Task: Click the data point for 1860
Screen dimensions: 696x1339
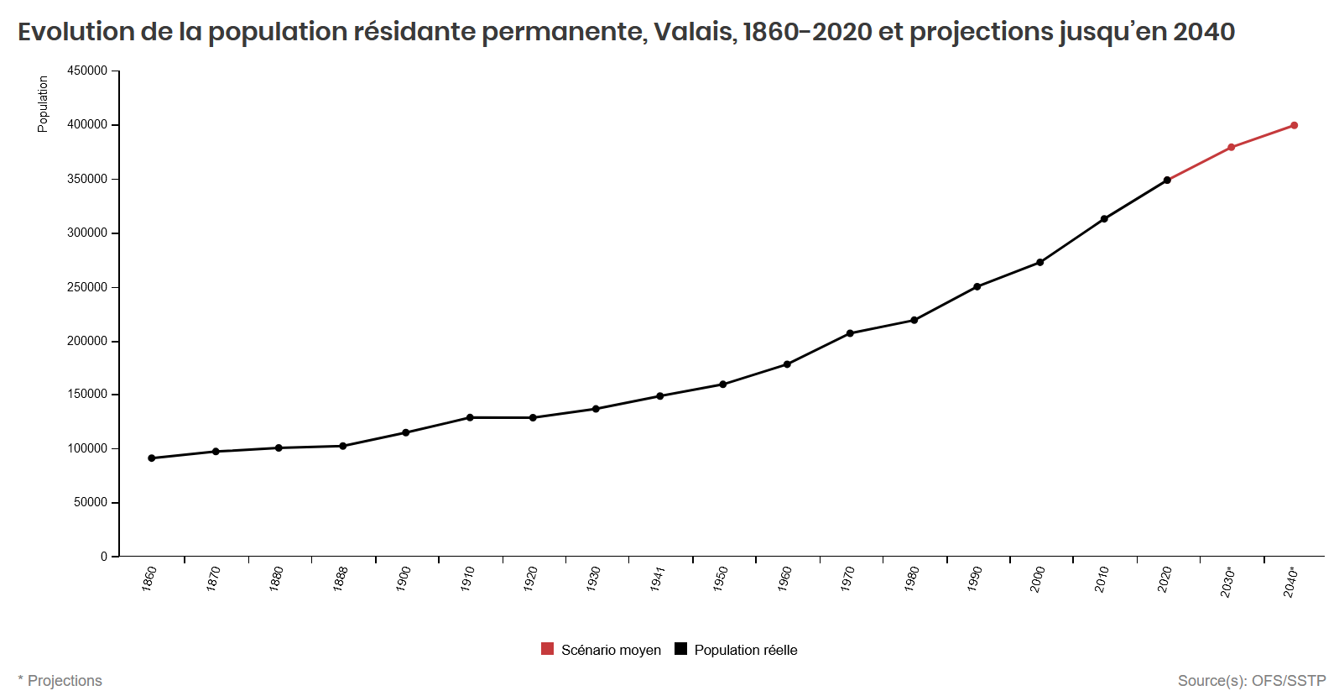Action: (152, 458)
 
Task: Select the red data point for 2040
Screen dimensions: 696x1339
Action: (1295, 126)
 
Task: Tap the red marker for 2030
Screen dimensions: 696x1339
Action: (1231, 148)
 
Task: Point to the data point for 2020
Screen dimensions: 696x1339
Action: (1167, 181)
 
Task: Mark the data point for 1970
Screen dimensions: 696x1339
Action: (850, 333)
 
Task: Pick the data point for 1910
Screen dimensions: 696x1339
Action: (470, 417)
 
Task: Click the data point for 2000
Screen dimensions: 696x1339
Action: (1040, 263)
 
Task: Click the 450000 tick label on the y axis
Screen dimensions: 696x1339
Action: (87, 71)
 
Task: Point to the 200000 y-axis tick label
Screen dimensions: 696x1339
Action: (87, 342)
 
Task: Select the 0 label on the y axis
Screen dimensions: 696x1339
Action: (104, 557)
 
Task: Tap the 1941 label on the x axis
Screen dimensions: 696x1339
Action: (658, 578)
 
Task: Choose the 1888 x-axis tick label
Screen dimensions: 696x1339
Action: (341, 578)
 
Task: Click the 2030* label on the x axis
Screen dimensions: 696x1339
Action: (1228, 582)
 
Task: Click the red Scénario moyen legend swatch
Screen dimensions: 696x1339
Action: (548, 649)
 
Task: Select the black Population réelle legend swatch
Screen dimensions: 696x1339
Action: (681, 649)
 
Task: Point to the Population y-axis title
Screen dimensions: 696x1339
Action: (43, 104)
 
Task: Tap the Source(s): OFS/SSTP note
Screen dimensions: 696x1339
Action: (1252, 681)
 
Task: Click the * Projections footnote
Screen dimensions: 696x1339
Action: (60, 681)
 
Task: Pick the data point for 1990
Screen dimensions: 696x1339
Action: (977, 287)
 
